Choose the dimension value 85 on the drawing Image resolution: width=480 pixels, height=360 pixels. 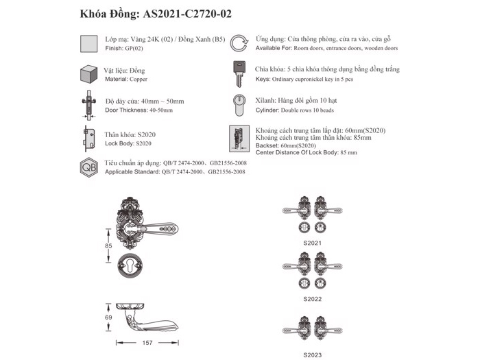tap(108, 245)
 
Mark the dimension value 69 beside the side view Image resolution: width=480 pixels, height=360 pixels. tap(108, 317)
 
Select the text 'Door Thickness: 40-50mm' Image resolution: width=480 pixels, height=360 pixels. tap(139, 110)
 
